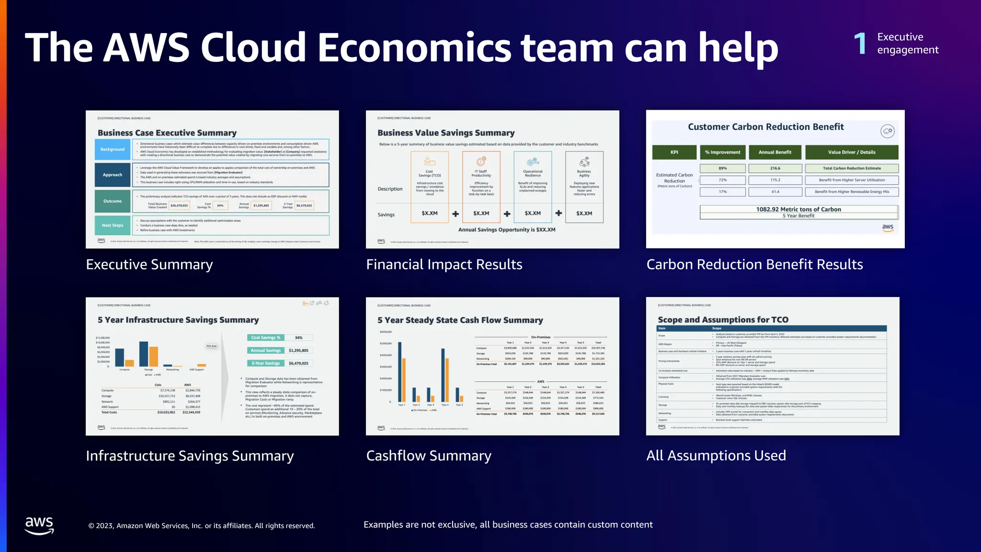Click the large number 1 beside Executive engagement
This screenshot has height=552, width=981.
[x=860, y=43]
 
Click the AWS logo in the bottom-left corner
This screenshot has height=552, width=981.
[x=39, y=525]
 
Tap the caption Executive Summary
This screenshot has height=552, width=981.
[x=149, y=264]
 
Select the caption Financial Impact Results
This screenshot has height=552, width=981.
[x=444, y=264]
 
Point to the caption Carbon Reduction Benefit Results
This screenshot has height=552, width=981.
[x=754, y=264]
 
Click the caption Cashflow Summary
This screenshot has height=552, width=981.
[x=429, y=456]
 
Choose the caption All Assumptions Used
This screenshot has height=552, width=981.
[x=716, y=456]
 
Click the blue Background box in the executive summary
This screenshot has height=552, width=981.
[x=113, y=149]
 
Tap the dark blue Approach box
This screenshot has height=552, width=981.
[x=113, y=175]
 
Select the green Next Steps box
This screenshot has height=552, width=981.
[x=113, y=225]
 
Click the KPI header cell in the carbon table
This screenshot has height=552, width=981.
[x=674, y=152]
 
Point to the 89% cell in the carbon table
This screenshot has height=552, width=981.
[x=722, y=168]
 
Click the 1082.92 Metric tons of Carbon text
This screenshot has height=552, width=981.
[x=798, y=209]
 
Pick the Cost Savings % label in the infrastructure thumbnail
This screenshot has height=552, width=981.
[x=265, y=338]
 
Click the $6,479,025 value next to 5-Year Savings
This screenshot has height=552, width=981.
[x=298, y=363]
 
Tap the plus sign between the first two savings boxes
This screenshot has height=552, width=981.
[x=456, y=214]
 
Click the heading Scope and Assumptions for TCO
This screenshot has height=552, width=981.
[x=723, y=320]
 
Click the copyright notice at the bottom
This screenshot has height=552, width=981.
[x=202, y=526]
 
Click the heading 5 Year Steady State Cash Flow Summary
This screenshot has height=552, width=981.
[x=460, y=320]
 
